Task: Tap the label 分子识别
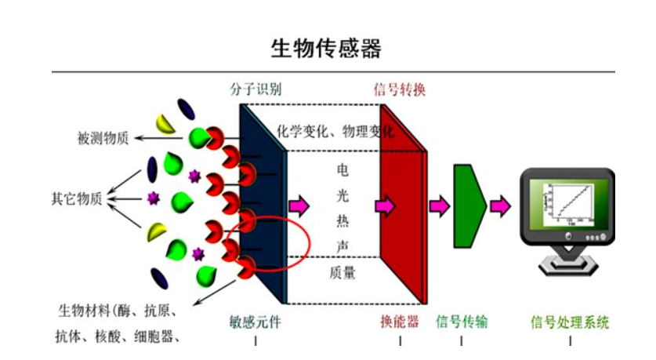coord(256,89)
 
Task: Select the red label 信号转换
coord(399,89)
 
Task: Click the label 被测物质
coord(103,138)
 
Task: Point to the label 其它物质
coord(77,198)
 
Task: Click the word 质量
coord(342,272)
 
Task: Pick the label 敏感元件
coord(256,322)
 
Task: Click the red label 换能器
coord(400,322)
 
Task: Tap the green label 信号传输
coord(462,322)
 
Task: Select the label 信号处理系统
coord(570,322)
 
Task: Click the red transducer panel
coord(402,205)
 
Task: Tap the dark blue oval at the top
coord(187,109)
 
